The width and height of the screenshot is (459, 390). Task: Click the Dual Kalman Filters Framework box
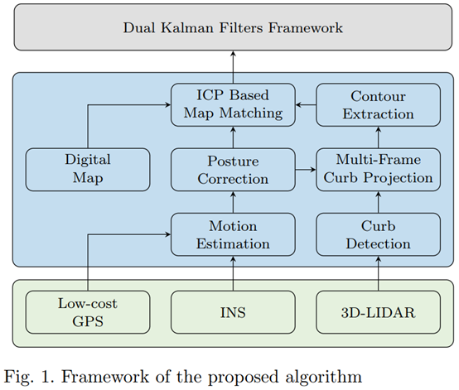(x=232, y=28)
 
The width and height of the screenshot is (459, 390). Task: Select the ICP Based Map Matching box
(x=232, y=104)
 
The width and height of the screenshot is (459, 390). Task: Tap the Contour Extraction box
(x=377, y=104)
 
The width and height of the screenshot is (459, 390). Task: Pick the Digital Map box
(x=87, y=168)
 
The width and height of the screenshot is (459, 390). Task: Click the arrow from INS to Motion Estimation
(x=232, y=273)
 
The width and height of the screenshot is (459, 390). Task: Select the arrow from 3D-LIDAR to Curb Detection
(x=377, y=273)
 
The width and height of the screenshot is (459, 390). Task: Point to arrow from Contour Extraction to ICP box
(x=304, y=104)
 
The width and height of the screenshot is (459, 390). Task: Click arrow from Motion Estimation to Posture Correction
(x=232, y=200)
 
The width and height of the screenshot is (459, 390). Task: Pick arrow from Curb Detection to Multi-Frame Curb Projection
(x=377, y=200)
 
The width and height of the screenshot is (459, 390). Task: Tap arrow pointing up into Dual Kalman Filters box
(x=232, y=63)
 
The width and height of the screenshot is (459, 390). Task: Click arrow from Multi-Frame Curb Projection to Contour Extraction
(x=377, y=137)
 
